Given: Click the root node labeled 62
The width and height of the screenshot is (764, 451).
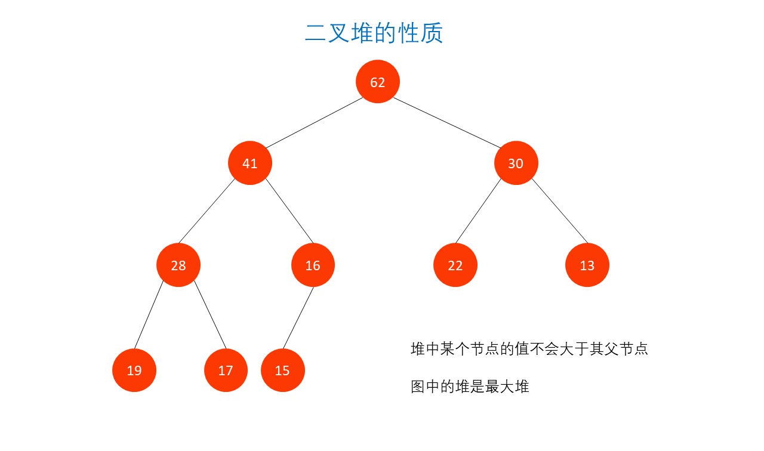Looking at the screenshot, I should pos(378,82).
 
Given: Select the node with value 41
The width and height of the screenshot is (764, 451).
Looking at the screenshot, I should pos(250,163).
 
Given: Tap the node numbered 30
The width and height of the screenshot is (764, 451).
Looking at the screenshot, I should pos(516,163).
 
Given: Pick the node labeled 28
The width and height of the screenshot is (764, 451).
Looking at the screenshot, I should pos(178,265).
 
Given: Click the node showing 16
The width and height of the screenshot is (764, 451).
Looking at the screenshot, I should pos(313,265).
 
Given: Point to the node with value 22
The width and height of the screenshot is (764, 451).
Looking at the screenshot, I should pos(455,265).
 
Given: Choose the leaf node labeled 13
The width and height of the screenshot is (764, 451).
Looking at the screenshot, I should pos(587,265).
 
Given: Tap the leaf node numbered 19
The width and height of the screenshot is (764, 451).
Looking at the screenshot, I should pos(134,370).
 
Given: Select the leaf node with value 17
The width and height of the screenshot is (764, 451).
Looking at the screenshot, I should pos(226,370).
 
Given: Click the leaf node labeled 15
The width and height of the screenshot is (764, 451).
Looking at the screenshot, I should pos(282,370).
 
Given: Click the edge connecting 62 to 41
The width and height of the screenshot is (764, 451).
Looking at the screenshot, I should pos(314,122).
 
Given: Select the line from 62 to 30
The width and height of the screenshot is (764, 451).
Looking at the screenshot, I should pos(447,122).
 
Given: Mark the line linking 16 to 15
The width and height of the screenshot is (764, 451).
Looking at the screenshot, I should pos(298,317).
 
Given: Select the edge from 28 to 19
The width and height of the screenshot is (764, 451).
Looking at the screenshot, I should pos(148,317).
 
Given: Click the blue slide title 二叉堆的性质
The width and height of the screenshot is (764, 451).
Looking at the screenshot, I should pos(374,33).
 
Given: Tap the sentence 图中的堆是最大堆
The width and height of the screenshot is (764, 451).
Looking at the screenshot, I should pos(470,387).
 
